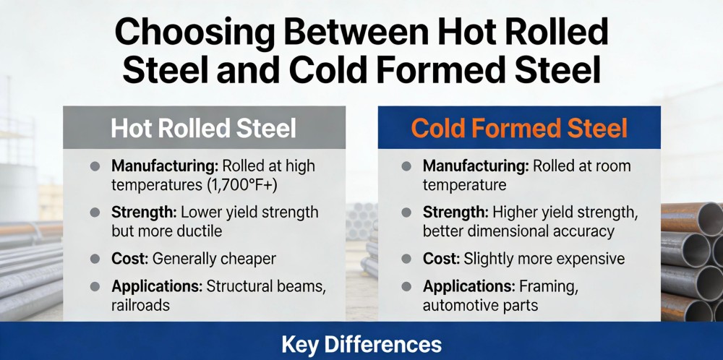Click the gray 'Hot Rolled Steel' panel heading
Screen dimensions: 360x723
pyautogui.click(x=203, y=128)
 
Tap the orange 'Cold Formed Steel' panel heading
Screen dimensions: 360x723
pyautogui.click(x=519, y=128)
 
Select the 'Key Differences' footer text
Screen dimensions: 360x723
pyautogui.click(x=361, y=343)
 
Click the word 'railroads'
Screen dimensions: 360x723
pyautogui.click(x=140, y=304)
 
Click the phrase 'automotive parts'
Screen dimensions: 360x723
pyautogui.click(x=480, y=304)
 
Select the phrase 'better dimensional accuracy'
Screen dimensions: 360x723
pyautogui.click(x=518, y=231)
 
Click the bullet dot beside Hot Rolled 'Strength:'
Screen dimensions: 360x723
pyautogui.click(x=94, y=213)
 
